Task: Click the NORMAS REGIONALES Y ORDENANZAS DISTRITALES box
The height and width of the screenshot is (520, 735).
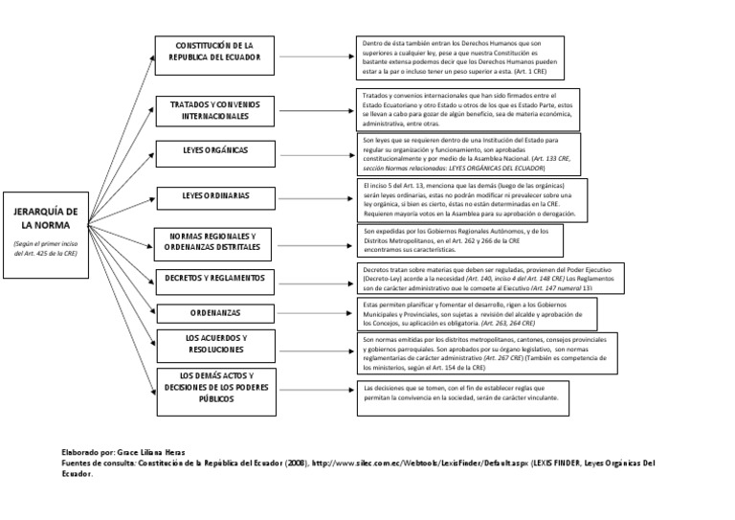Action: [219, 240]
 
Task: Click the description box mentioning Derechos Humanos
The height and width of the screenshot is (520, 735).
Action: [460, 57]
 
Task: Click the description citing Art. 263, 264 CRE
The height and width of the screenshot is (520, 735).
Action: [476, 312]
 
